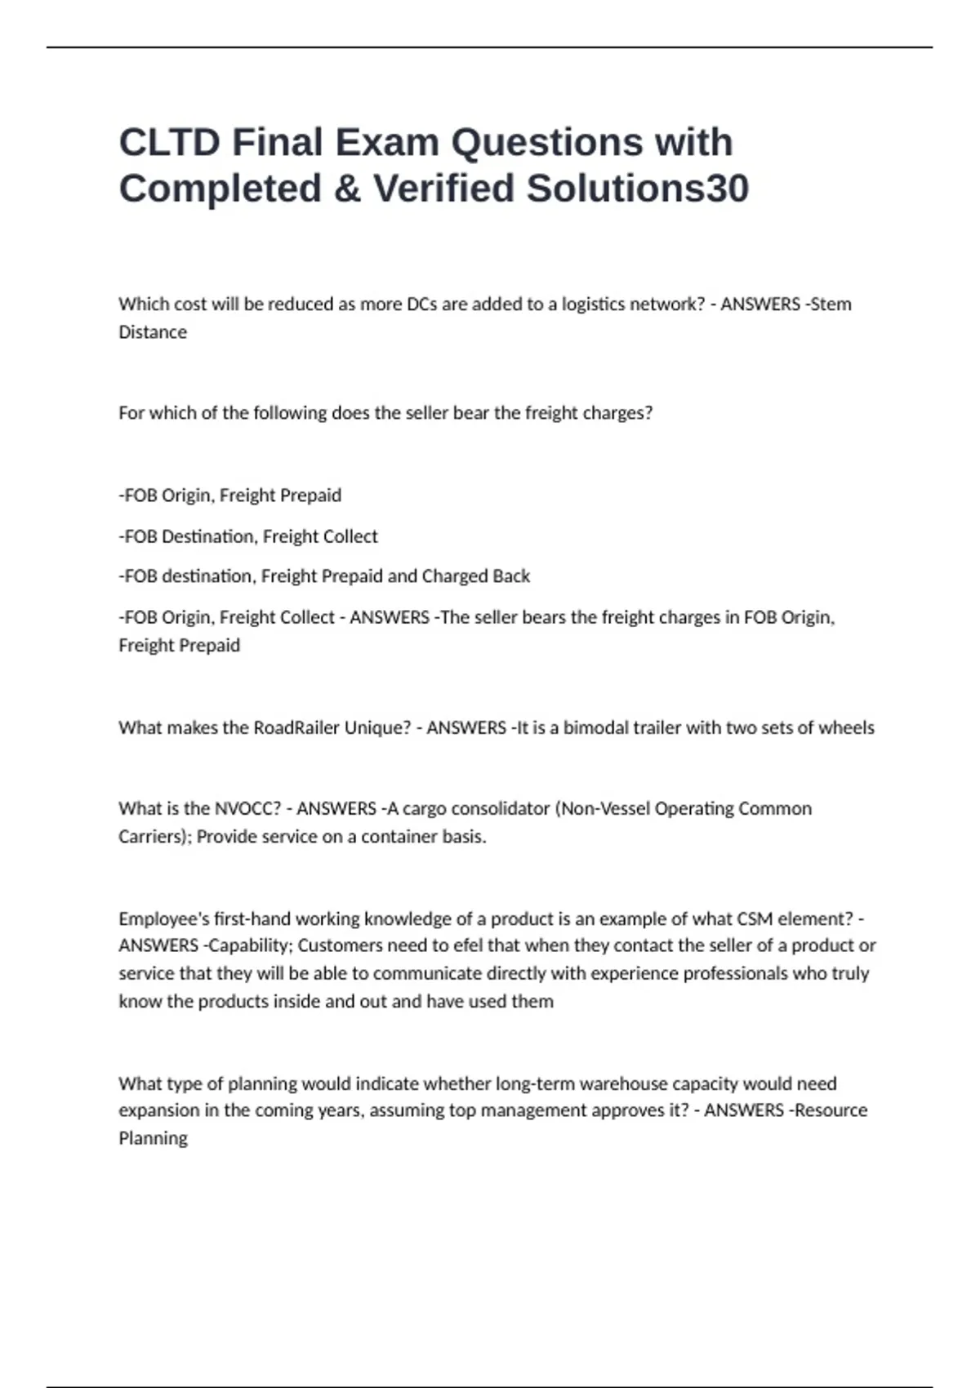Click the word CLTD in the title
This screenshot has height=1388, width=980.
tap(169, 143)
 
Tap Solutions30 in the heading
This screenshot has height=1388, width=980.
tap(637, 189)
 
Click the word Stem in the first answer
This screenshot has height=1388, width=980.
tap(831, 305)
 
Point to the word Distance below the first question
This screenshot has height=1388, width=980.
tap(153, 332)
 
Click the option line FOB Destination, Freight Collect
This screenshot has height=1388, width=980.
tap(248, 536)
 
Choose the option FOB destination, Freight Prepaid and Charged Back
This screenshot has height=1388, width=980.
tap(324, 576)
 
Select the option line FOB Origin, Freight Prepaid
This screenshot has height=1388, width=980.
tap(230, 496)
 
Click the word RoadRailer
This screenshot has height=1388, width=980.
tap(296, 727)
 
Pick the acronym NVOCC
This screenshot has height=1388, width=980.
tap(247, 808)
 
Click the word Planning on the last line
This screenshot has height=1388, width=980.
tap(153, 1138)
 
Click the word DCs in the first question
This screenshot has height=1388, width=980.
tap(421, 305)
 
